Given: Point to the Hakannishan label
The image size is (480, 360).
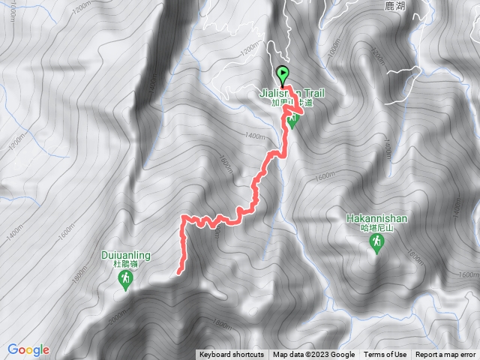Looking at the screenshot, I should pos(376,218).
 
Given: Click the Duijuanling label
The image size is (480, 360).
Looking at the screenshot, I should pos(125,255).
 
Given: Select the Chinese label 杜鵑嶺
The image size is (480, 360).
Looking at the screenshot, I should pos(125,264).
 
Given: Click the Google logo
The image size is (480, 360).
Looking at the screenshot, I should pos(28,349).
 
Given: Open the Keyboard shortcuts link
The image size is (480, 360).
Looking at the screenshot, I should pos(232,355).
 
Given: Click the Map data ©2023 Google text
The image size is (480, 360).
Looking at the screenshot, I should pos(313,355).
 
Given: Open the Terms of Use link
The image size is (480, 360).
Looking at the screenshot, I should pos(385,355).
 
